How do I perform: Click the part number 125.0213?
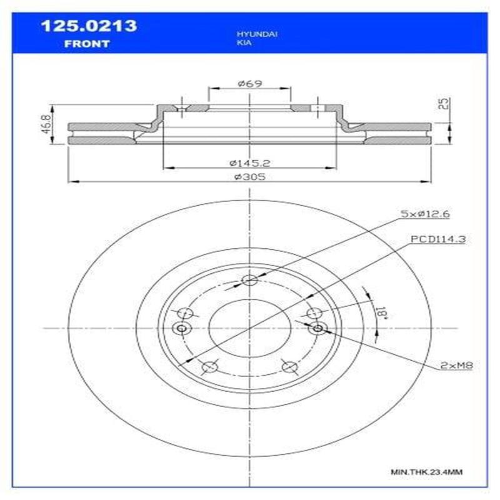click(x=88, y=27)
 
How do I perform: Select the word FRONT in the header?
click(x=87, y=44)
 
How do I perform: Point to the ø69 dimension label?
click(x=249, y=83)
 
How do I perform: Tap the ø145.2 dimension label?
click(x=249, y=162)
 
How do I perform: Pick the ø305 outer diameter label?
click(x=249, y=177)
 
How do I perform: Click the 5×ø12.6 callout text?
click(x=426, y=214)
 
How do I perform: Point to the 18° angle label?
click(x=382, y=311)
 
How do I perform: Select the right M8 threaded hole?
click(x=317, y=328)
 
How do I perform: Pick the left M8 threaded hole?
click(x=182, y=329)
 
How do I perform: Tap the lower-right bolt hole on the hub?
click(x=288, y=367)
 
